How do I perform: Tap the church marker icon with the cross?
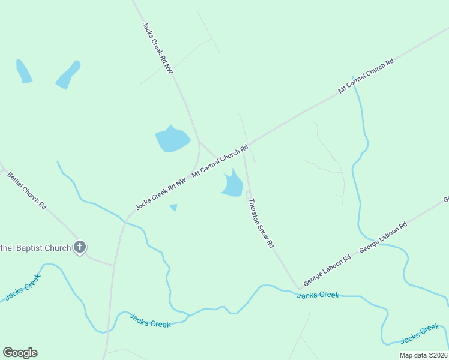pos(80,247)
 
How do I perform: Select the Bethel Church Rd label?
pos(27,190)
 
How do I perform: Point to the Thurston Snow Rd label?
pos(261,223)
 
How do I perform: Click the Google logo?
pos(20,353)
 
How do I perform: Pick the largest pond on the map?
pos(172,139)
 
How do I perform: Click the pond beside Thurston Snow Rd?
pos(232,184)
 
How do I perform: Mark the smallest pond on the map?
pos(173,208)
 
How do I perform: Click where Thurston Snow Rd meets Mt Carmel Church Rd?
pos(245,148)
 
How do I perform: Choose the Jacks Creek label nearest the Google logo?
pos(22,287)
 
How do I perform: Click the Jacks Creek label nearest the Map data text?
pos(420,334)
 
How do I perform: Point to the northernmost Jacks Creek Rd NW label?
pos(158,49)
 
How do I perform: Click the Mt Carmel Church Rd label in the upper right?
pos(366,76)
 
